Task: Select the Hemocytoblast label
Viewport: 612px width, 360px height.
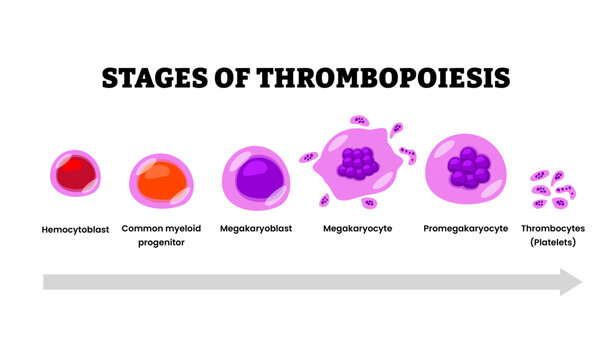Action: pyautogui.click(x=75, y=228)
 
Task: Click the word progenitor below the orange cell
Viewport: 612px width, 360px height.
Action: pyautogui.click(x=161, y=242)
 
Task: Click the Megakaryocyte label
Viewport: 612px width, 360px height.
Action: pyautogui.click(x=357, y=228)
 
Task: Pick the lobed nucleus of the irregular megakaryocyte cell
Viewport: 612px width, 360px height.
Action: pyautogui.click(x=356, y=163)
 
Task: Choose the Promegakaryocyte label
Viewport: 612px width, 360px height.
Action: pyautogui.click(x=465, y=228)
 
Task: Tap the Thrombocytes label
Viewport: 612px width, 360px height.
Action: pyautogui.click(x=560, y=228)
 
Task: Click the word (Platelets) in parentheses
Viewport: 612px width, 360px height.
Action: pyautogui.click(x=560, y=242)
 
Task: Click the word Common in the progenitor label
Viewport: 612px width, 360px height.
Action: pyautogui.click(x=141, y=228)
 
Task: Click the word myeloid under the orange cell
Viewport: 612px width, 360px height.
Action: pyautogui.click(x=183, y=228)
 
